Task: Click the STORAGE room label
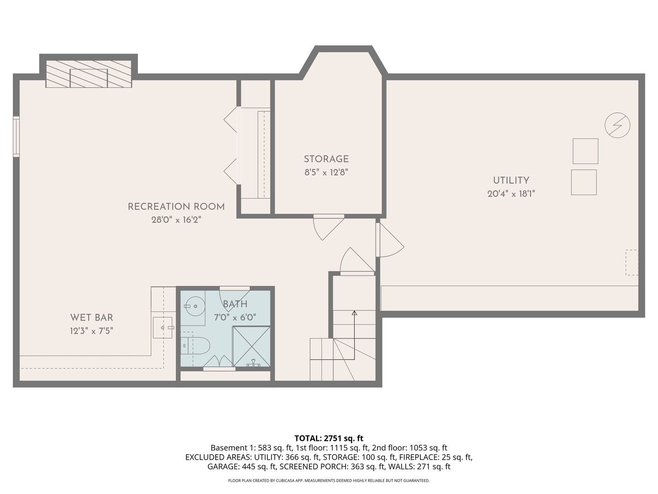click(326, 159)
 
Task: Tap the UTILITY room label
click(511, 181)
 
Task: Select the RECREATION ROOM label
click(176, 207)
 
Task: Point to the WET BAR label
click(91, 317)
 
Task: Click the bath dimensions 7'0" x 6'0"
click(235, 317)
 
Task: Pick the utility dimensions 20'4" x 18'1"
click(511, 194)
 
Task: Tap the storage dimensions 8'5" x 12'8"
click(326, 172)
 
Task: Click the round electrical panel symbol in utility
click(617, 125)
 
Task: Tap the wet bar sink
click(163, 328)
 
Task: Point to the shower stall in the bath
click(251, 346)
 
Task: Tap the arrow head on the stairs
click(354, 313)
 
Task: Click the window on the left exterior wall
click(16, 136)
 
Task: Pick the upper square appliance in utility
click(585, 151)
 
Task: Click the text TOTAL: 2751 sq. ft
click(329, 438)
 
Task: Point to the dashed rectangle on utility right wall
click(631, 262)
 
